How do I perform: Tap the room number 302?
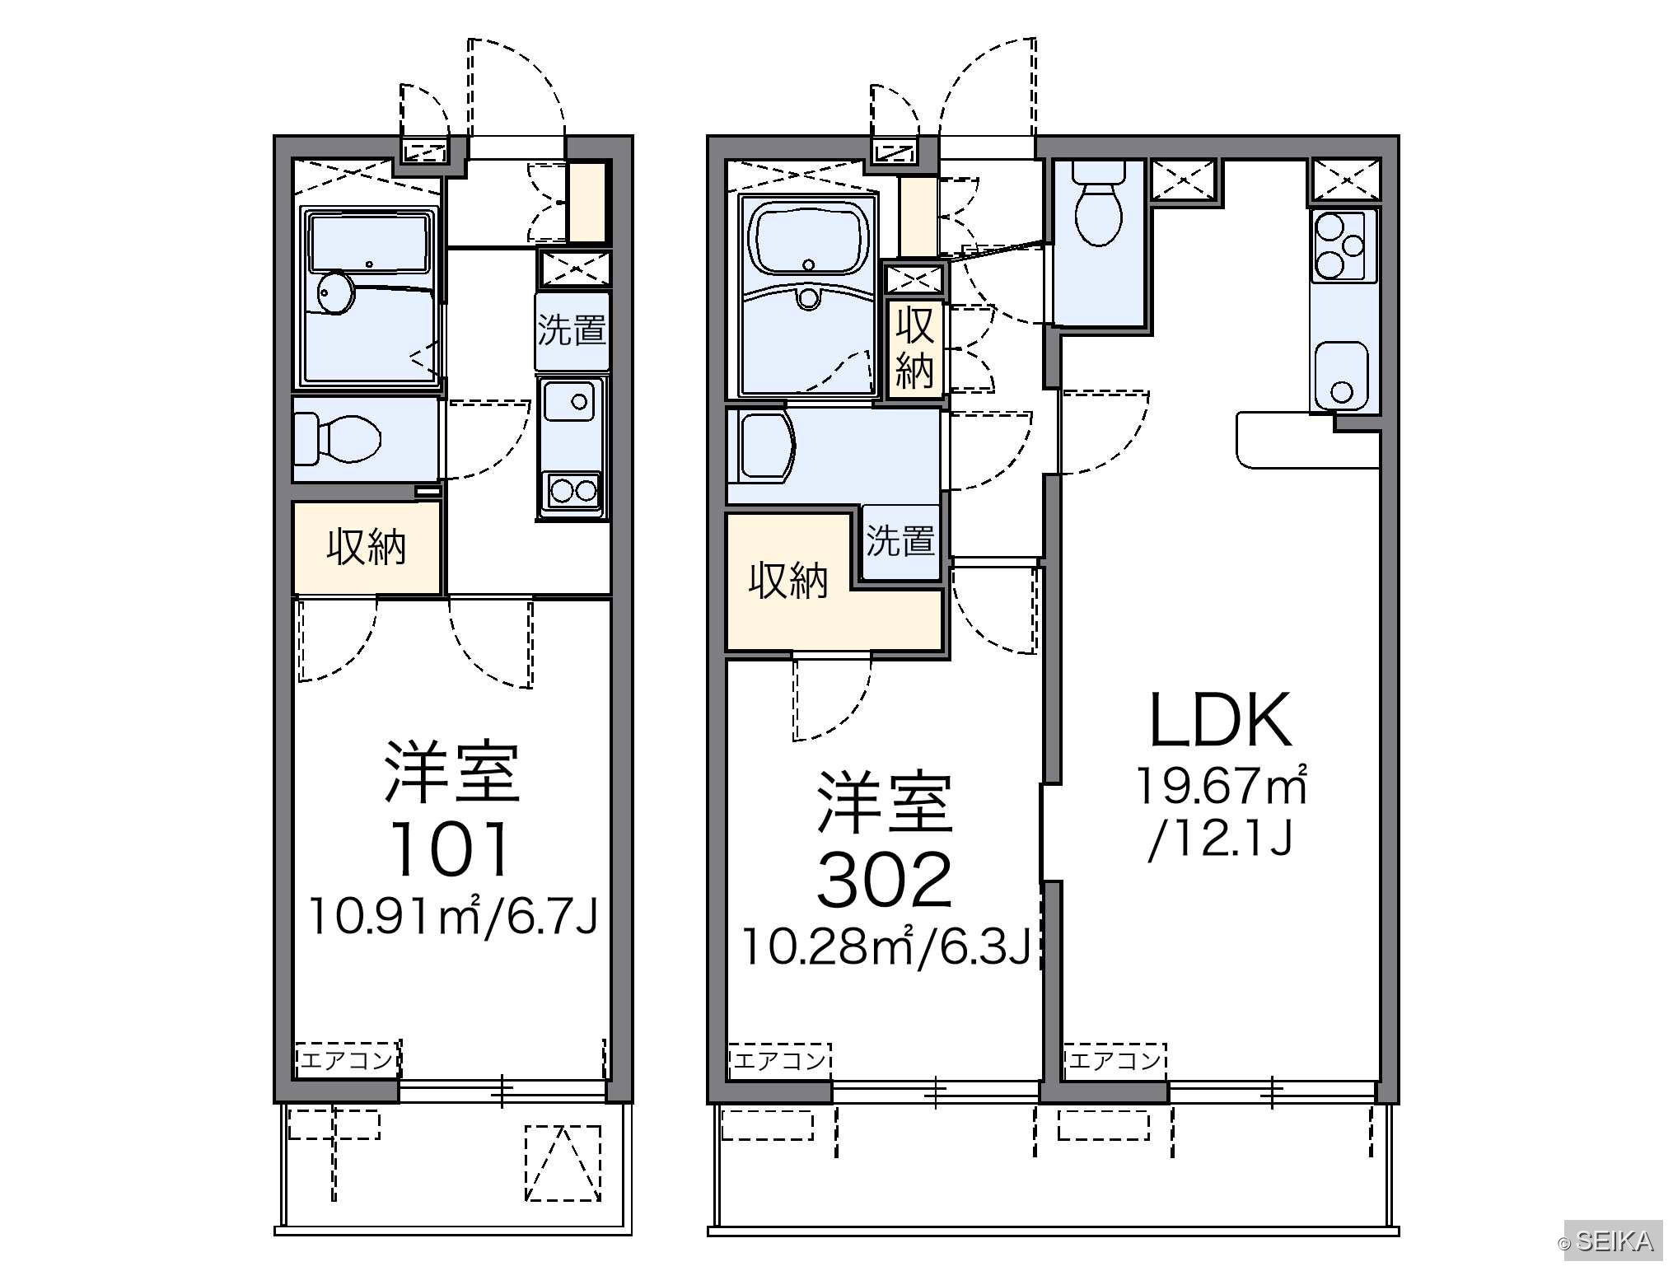click(884, 879)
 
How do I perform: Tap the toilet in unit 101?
click(338, 437)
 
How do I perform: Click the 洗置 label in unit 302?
click(900, 541)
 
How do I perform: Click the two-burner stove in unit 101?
click(572, 490)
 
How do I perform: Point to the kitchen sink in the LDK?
click(1342, 375)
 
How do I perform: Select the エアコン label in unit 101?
click(347, 1059)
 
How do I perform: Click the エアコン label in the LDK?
click(1115, 1059)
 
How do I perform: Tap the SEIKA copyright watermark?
click(1605, 1242)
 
